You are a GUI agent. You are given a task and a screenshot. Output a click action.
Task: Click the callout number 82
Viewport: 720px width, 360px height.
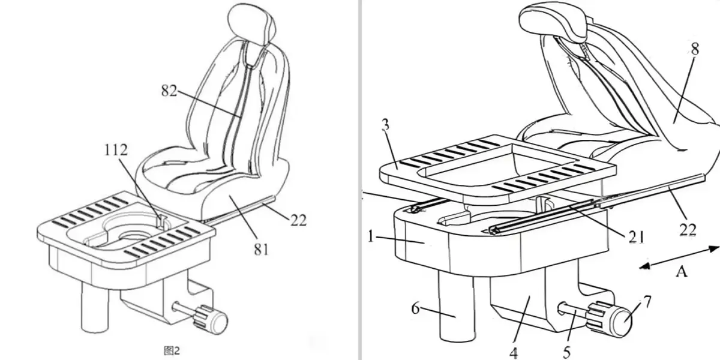click(169, 91)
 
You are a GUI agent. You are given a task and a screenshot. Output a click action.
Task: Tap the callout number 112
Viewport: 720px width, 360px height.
click(116, 150)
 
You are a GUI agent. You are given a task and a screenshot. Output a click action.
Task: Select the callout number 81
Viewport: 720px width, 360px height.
click(261, 249)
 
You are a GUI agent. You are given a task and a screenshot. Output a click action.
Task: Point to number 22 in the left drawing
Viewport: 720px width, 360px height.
click(298, 221)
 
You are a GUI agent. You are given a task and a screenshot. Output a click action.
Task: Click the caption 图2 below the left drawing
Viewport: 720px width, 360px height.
click(172, 350)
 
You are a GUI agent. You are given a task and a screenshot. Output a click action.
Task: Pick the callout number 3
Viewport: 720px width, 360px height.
click(385, 125)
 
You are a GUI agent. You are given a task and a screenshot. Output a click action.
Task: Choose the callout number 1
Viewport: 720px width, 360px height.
click(371, 237)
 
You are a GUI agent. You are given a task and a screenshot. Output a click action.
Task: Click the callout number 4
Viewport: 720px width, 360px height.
click(514, 353)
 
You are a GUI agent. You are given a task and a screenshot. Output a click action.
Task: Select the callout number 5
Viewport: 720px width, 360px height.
click(566, 353)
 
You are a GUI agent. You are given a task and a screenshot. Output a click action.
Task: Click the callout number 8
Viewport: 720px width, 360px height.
click(695, 49)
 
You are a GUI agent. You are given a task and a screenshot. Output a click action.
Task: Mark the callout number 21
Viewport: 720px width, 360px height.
click(636, 237)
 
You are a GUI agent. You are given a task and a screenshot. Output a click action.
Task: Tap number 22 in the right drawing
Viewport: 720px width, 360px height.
click(688, 230)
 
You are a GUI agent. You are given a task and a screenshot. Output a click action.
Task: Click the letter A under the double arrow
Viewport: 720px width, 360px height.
click(682, 272)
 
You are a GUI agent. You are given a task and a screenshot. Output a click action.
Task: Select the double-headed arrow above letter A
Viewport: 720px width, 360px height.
click(679, 257)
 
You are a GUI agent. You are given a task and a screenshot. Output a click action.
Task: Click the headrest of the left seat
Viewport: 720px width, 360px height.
click(251, 25)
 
